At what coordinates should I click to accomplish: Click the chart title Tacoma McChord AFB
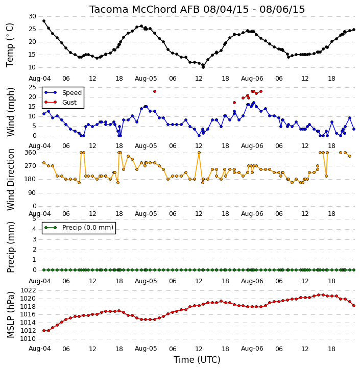[x=145, y=9]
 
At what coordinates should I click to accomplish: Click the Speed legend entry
[x=63, y=92]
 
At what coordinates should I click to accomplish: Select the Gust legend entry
[x=61, y=102]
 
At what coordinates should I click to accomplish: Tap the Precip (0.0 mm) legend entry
[x=79, y=228]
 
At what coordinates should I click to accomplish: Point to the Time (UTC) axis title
[x=197, y=360]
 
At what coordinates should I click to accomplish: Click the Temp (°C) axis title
[x=10, y=45]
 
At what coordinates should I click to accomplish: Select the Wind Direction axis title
[x=10, y=180]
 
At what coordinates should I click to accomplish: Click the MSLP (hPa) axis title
[x=10, y=314]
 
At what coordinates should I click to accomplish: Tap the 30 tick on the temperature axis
[x=32, y=16]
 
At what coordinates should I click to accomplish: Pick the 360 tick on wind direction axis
[x=31, y=153]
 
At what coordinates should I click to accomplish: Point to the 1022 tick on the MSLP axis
[x=28, y=290]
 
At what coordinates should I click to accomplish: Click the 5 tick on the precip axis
[x=34, y=219]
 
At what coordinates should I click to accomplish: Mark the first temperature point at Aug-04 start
[x=44, y=21]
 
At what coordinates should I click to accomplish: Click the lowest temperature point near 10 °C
[x=203, y=67]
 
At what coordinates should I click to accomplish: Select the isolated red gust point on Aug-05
[x=155, y=91]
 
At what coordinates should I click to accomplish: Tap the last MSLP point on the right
[x=354, y=306]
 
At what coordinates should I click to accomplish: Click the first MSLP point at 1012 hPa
[x=44, y=331]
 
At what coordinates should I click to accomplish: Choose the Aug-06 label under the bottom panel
[x=252, y=349]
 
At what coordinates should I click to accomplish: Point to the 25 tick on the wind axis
[x=32, y=87]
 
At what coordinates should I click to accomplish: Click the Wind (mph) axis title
[x=10, y=112]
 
